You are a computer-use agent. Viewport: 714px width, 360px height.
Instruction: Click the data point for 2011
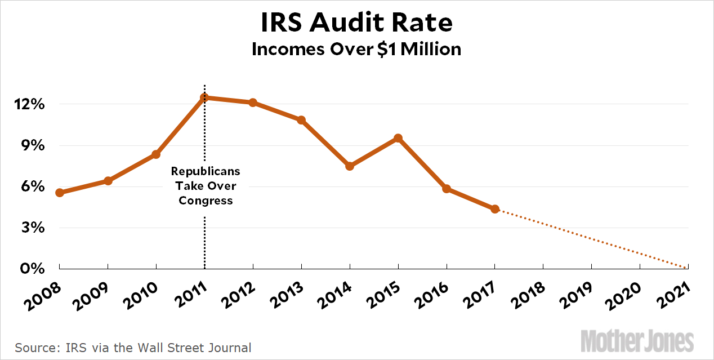[204, 97]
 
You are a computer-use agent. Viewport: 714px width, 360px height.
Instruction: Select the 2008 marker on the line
[60, 193]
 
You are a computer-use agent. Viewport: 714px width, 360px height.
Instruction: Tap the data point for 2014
[350, 166]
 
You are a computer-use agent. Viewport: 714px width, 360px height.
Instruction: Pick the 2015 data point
[398, 138]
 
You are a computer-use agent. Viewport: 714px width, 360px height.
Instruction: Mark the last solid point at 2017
[495, 209]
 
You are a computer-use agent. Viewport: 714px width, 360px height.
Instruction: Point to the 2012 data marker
[253, 103]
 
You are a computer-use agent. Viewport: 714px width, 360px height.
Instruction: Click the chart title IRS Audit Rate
[356, 23]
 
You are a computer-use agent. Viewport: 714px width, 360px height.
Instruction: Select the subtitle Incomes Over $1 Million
[356, 50]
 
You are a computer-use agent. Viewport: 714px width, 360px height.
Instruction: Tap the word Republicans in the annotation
[206, 171]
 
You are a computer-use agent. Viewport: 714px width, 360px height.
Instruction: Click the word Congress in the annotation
[206, 201]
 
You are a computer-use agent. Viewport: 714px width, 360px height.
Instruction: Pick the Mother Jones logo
[637, 342]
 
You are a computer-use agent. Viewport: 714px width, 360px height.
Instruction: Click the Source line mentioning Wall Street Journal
[133, 347]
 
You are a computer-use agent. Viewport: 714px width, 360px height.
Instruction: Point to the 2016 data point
[447, 189]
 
